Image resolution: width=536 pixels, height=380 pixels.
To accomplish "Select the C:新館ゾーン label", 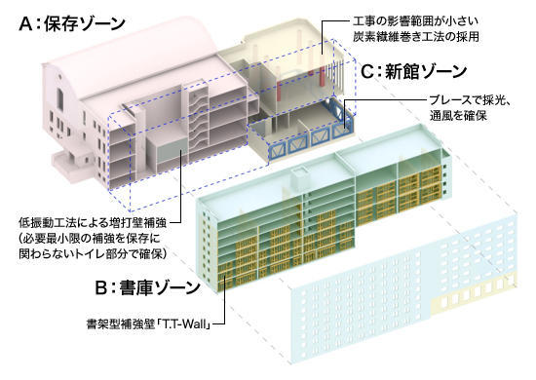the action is [414, 71].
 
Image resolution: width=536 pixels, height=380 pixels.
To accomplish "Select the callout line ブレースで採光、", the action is [478, 100].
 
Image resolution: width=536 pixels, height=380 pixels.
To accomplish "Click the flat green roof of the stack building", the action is [322, 171].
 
